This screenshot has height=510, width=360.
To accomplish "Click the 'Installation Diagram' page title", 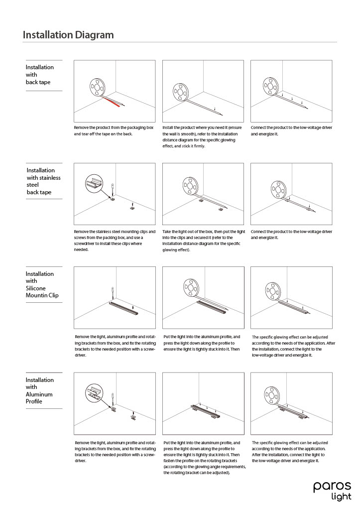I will [x=68, y=35].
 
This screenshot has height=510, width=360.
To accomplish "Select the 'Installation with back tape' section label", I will [x=40, y=74].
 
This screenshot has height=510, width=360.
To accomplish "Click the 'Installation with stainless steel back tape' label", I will [x=44, y=181].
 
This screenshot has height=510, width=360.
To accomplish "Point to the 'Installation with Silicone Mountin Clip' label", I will [x=42, y=284].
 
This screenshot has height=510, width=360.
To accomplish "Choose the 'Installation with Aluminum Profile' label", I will [x=39, y=390].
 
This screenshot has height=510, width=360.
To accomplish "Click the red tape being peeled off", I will [x=112, y=101].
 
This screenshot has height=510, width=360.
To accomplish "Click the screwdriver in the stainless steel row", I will [x=113, y=189].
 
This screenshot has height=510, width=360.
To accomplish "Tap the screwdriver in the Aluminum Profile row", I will [x=113, y=398].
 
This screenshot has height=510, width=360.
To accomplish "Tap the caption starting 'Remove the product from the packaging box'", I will [x=114, y=131].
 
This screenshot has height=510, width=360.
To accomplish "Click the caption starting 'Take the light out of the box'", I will [x=204, y=241].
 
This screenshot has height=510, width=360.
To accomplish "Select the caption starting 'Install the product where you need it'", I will [x=202, y=137].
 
